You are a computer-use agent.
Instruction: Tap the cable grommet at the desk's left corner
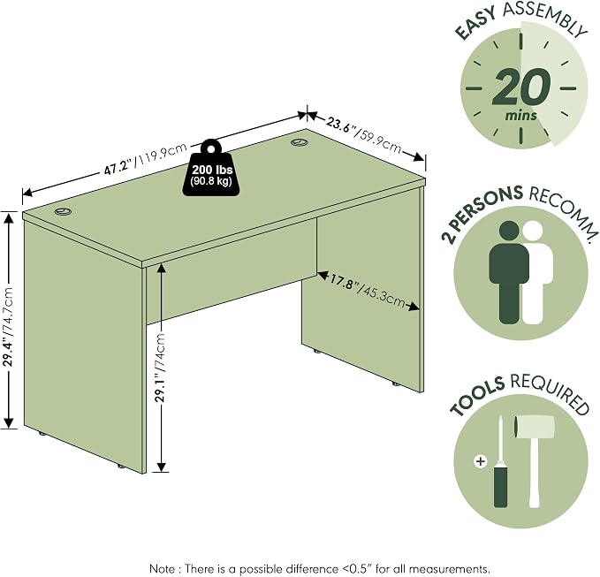[63, 211]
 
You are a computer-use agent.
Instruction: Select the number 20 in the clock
[521, 87]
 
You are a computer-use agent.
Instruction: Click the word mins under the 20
[521, 115]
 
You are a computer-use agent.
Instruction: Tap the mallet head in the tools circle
[535, 427]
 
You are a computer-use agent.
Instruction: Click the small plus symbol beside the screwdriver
[480, 461]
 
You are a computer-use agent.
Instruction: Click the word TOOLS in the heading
[477, 396]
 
